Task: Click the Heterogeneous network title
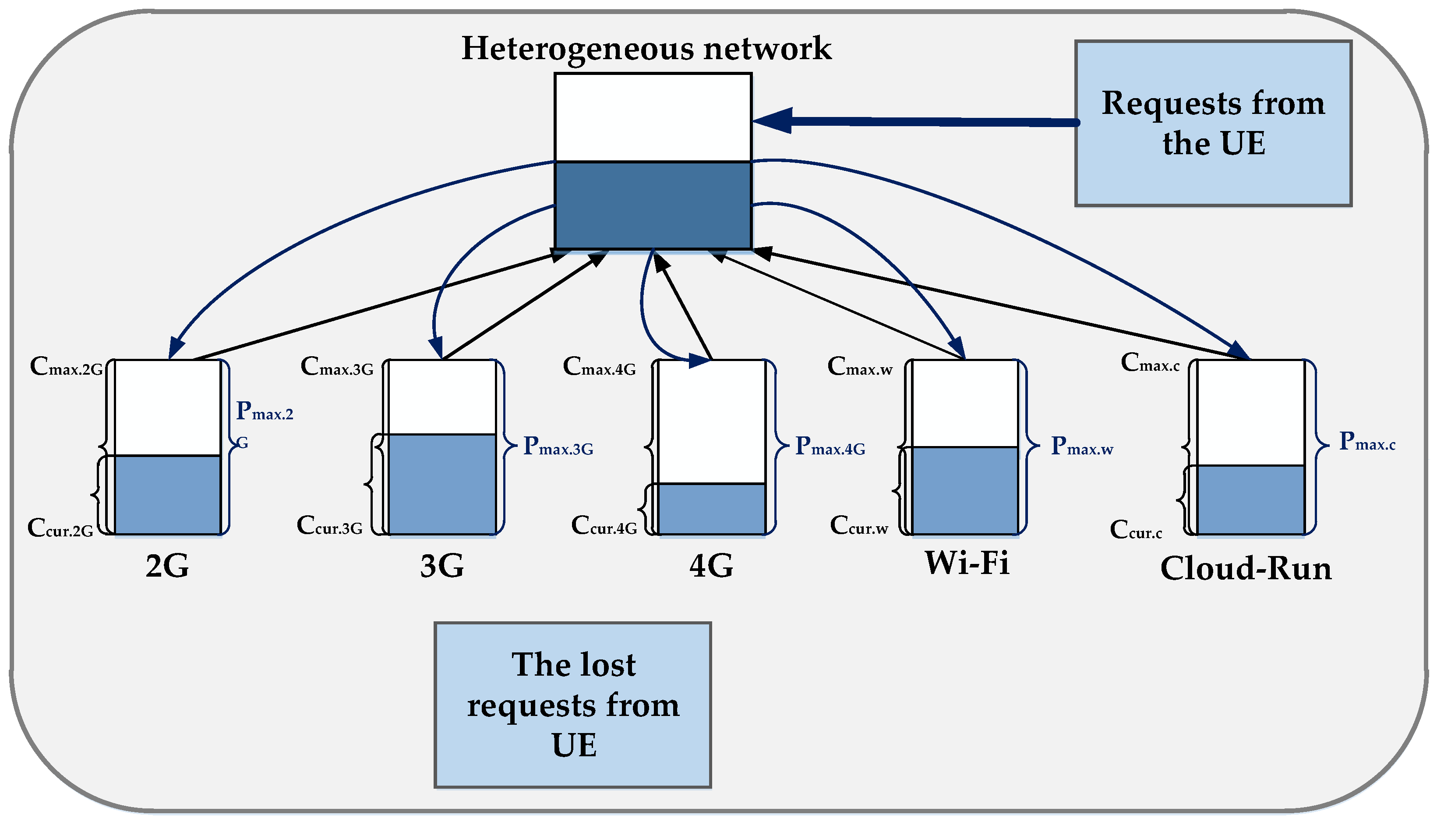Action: coord(646,49)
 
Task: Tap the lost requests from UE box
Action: coord(573,705)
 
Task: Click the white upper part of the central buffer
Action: coord(653,117)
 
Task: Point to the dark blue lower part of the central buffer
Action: coord(653,205)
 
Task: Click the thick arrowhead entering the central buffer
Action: coord(773,120)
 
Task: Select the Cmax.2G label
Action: coord(67,367)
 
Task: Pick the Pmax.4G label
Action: coord(830,447)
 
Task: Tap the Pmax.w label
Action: coord(1081,447)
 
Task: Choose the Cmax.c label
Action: coord(1150,363)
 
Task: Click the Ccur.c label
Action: coord(1136,530)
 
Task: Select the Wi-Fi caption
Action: coord(967,563)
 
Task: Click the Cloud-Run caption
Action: coord(1246,568)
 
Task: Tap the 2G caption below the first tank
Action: coord(167,566)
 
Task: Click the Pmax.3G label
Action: coord(558,447)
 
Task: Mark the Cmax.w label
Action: coord(860,367)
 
